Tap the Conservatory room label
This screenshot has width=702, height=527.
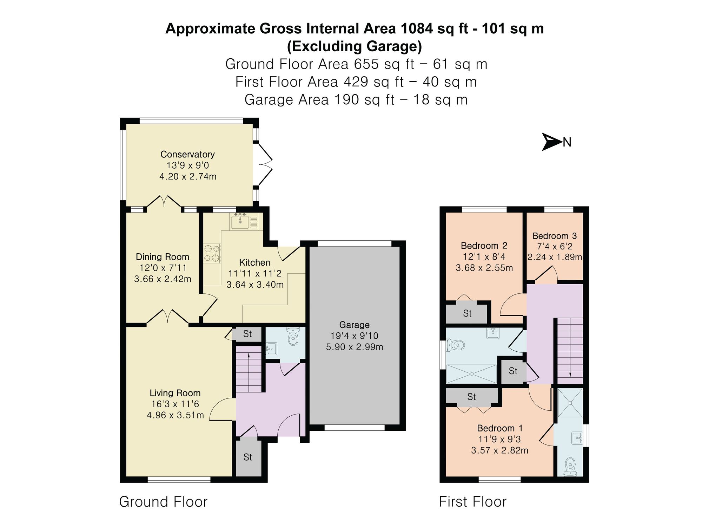coord(187,154)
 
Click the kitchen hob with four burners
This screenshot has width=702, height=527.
coord(212,253)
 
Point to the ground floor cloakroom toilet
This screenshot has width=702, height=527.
coord(293,336)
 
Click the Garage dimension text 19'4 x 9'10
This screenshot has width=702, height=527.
coord(354,336)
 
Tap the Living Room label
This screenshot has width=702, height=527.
coord(175,393)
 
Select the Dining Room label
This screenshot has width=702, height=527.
coord(163,257)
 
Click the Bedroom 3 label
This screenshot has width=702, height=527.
coord(555,236)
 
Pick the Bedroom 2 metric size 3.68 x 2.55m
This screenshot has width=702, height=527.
coord(484,268)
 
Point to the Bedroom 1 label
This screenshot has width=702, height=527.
coord(500,428)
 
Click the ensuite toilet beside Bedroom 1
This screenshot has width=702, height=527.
coord(570,467)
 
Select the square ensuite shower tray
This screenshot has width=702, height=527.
coord(570,403)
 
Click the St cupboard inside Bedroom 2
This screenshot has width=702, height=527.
coord(467,313)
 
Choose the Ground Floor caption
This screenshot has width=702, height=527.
coord(163,502)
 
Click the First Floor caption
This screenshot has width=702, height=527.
coord(473,502)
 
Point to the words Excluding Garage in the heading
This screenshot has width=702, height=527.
coord(355,46)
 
